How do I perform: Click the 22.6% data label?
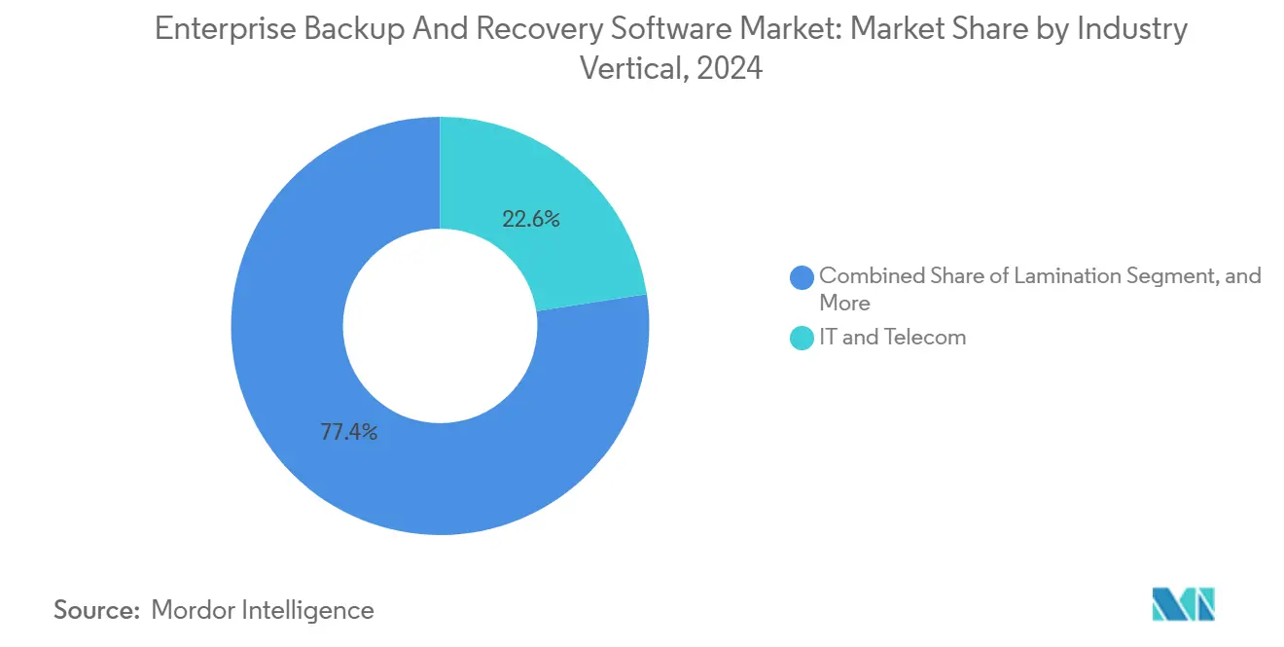pyautogui.click(x=530, y=220)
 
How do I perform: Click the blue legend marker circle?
pyautogui.click(x=802, y=277)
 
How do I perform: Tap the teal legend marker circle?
pyautogui.click(x=802, y=338)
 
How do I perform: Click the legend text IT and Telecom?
pyautogui.click(x=892, y=338)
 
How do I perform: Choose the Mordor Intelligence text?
pyautogui.click(x=263, y=610)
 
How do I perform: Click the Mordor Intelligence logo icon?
pyautogui.click(x=1183, y=604)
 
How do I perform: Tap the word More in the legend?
pyautogui.click(x=844, y=303)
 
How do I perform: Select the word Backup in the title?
pyautogui.click(x=350, y=30)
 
